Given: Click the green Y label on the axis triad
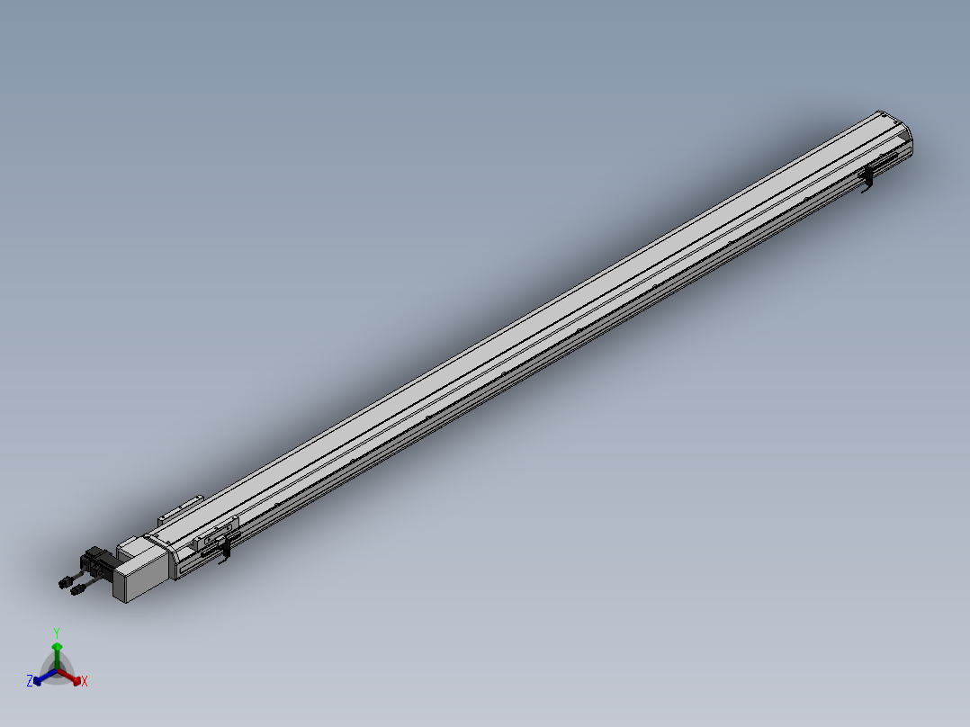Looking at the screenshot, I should point(56,633).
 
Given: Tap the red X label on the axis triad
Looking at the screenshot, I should point(85,682).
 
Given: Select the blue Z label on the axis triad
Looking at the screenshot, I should point(30,681).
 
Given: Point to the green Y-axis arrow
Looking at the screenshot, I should point(57,651).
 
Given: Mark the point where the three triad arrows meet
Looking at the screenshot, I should point(57,670).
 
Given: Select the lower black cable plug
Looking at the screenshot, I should point(77,590).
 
